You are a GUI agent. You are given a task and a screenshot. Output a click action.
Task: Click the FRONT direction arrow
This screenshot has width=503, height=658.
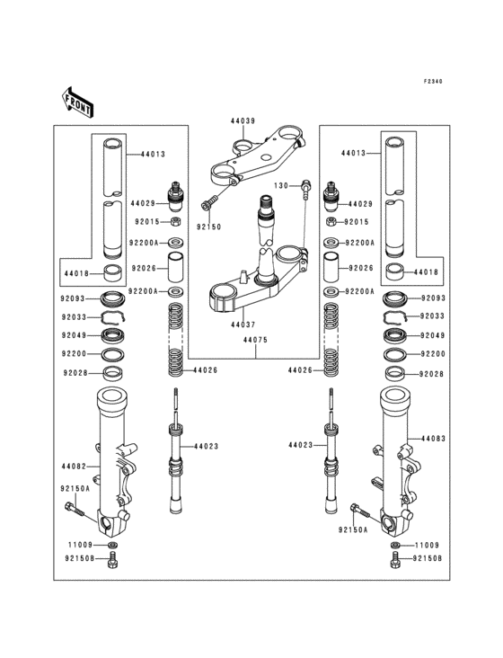tap(78, 102)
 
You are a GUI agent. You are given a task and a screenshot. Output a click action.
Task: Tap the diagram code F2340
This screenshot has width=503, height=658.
tap(433, 82)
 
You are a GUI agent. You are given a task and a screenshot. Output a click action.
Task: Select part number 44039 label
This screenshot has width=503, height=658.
tap(243, 121)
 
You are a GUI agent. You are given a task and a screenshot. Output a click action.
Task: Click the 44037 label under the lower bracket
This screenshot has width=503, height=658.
tap(243, 325)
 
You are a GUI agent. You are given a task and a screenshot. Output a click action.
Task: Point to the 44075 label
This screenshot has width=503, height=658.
tap(255, 340)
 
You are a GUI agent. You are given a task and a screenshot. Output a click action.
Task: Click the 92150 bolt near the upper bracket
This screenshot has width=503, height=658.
tap(208, 203)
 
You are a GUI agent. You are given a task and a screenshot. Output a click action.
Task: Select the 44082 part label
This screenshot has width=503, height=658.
tap(74, 467)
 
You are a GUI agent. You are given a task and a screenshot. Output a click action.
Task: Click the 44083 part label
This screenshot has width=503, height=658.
tap(434, 439)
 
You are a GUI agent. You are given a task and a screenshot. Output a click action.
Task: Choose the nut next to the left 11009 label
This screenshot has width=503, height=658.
tap(112, 545)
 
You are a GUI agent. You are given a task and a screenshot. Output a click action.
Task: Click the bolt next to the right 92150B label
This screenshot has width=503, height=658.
tap(394, 560)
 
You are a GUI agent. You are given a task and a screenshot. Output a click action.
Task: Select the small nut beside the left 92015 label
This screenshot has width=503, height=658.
tap(176, 221)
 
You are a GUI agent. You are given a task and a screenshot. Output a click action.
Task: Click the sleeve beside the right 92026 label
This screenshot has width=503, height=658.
tap(331, 267)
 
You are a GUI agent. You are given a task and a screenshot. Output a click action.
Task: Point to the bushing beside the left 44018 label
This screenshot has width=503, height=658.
tap(113, 274)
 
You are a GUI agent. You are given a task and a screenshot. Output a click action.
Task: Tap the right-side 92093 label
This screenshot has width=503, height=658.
tap(434, 298)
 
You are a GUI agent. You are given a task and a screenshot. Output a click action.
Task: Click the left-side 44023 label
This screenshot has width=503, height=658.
tap(207, 447)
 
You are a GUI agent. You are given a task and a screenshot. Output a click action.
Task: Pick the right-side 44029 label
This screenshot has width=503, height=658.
tap(360, 204)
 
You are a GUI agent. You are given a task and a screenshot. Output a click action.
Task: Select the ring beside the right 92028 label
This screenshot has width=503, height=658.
tap(394, 373)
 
